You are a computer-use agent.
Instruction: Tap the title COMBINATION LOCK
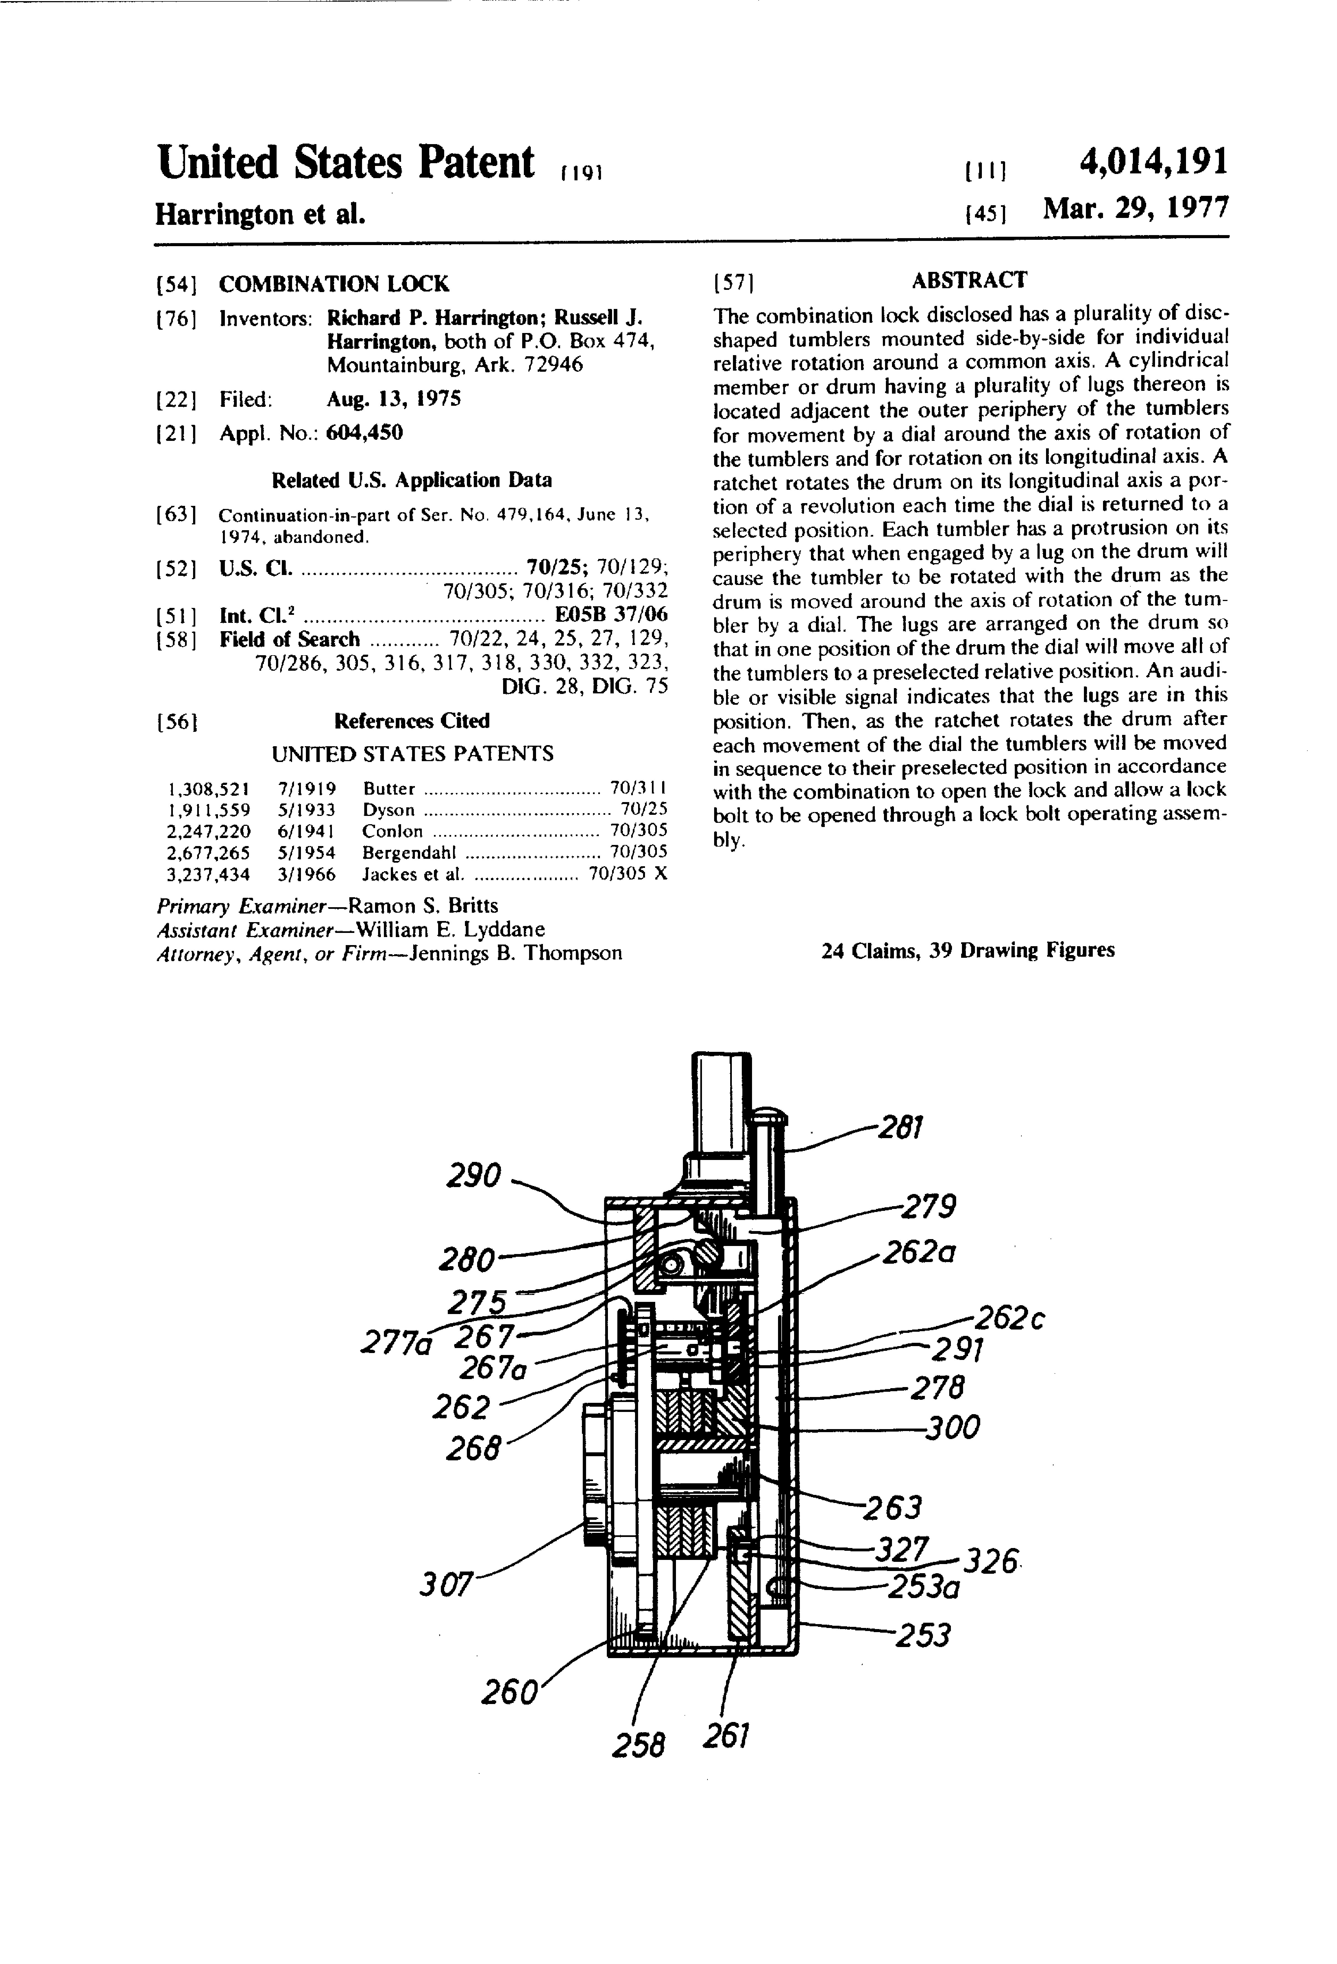coord(334,284)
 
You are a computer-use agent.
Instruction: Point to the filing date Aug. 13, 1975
coord(394,399)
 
